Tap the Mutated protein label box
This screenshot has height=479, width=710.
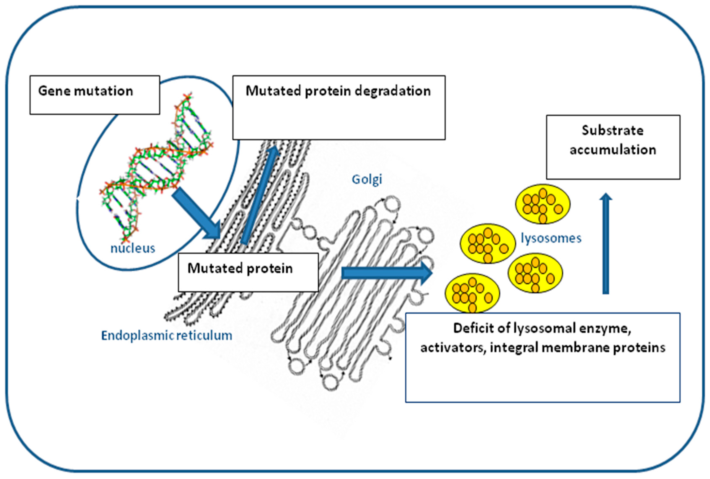(248, 272)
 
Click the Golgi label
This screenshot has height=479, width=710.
(367, 179)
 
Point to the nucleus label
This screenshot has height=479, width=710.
(133, 248)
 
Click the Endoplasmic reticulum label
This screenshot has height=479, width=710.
(166, 335)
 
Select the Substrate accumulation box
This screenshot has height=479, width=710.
(613, 147)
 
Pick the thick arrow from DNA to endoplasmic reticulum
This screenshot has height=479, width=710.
(196, 214)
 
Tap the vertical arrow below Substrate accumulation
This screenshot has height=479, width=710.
(606, 244)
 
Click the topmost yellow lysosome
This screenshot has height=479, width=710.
(543, 204)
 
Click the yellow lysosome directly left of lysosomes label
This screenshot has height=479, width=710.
(488, 243)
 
